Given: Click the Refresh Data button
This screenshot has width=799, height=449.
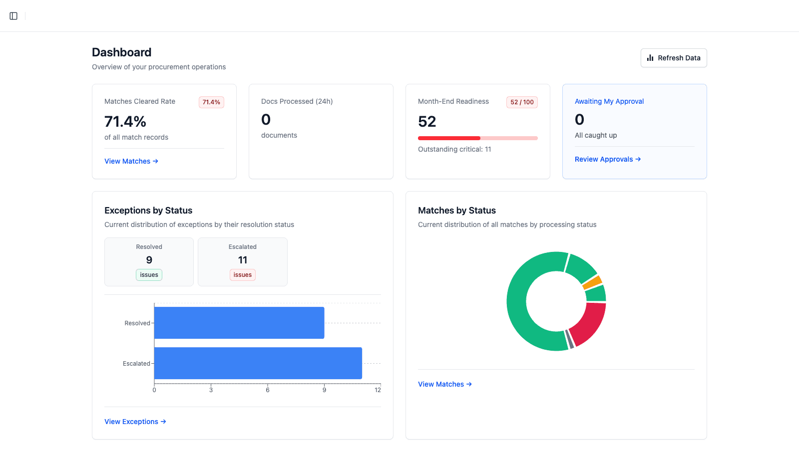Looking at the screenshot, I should [x=674, y=58].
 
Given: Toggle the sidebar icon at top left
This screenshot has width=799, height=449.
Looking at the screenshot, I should [x=13, y=16].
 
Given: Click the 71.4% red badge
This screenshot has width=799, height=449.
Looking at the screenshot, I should [x=211, y=102].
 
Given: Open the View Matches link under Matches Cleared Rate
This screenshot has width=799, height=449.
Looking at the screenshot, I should [x=131, y=161].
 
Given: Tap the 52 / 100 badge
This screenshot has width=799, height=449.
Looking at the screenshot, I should [x=522, y=102].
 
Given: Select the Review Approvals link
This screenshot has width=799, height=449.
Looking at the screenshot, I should [x=607, y=159].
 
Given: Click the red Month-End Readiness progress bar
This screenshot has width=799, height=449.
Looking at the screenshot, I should [x=449, y=138].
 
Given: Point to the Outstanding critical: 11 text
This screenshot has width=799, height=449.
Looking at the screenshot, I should [x=454, y=149].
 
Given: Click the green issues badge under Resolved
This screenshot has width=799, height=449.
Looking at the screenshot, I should [x=149, y=275].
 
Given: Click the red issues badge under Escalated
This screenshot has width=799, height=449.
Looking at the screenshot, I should [x=243, y=275].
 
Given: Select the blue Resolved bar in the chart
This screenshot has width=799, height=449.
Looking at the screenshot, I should [x=239, y=323].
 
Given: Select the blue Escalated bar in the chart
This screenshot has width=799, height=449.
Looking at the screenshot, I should [x=258, y=363].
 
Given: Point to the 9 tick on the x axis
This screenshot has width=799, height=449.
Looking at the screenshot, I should [x=324, y=390].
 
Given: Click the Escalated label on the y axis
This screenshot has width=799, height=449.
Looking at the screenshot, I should [x=136, y=364].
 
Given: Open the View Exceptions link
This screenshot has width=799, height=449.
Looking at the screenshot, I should [x=135, y=422].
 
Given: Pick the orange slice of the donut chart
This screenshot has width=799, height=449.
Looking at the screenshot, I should [x=593, y=282].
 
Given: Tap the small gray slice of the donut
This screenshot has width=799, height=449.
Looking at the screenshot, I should [x=570, y=339].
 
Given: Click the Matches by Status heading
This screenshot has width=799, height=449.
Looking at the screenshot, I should [x=456, y=211].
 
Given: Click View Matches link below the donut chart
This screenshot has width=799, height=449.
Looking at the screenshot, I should [x=444, y=384].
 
